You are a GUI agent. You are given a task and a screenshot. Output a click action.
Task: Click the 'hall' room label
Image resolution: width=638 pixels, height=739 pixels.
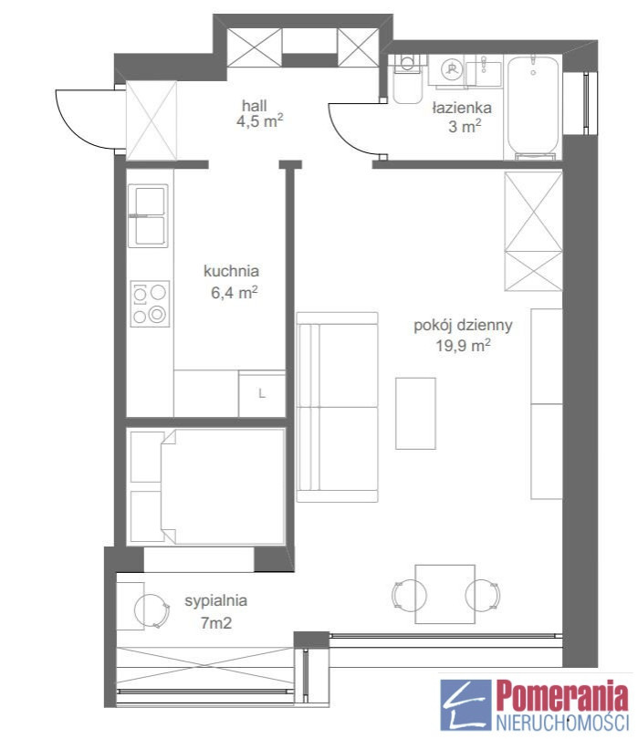pos(254,105)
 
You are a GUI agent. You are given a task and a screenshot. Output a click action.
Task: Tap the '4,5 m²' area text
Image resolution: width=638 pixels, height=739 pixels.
pos(260,121)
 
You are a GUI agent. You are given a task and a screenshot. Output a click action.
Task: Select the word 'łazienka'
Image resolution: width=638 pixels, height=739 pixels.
pos(462,108)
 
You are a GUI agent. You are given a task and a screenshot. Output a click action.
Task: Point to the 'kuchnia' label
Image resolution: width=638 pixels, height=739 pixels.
pos(231,271)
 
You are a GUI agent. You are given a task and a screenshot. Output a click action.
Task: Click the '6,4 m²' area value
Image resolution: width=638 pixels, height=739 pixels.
pos(234,292)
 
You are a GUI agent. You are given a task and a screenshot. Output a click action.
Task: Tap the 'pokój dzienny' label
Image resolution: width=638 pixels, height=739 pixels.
pos(463,325)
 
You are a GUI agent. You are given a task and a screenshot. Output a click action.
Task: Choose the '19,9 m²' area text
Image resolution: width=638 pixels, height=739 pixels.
pos(463,346)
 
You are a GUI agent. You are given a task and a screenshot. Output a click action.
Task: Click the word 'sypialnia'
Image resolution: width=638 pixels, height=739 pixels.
pos(216,601)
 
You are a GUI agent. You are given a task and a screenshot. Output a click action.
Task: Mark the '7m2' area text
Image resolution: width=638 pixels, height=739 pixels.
pos(216,623)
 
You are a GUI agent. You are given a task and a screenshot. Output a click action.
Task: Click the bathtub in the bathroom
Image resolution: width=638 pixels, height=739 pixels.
pos(533,108)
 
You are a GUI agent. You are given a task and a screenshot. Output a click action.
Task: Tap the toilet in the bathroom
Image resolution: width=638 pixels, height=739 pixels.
pos(407,78)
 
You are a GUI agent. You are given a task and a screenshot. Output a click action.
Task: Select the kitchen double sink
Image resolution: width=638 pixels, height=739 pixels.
pos(148,216)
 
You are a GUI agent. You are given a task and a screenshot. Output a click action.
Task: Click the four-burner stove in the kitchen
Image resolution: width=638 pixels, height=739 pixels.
pos(150,304)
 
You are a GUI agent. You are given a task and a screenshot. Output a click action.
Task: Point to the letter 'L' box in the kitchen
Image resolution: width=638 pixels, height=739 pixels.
pos(262,393)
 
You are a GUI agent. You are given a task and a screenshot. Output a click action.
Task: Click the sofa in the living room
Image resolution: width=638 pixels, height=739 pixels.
pos(337,407)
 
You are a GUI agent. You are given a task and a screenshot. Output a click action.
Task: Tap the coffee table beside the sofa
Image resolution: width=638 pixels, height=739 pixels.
pos(415,413)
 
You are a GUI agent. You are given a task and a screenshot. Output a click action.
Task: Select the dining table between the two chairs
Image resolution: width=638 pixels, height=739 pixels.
pos(445,594)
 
